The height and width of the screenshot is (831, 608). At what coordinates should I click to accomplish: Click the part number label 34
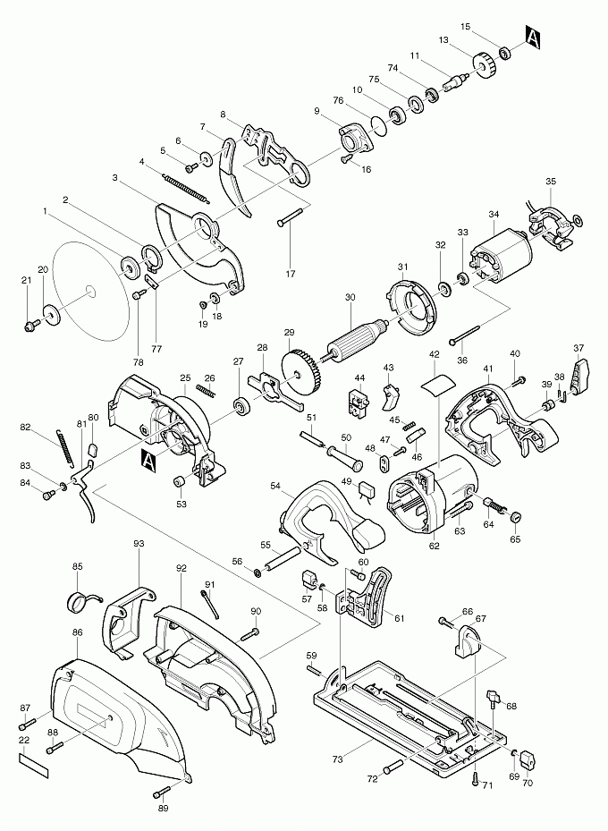494,214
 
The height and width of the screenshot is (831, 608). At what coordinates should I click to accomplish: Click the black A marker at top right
534,38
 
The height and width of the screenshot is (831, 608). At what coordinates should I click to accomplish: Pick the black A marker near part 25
148,460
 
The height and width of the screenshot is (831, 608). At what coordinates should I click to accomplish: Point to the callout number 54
275,486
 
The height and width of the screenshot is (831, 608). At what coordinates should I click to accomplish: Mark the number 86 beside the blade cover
77,632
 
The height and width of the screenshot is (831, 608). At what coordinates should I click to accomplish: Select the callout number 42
435,355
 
